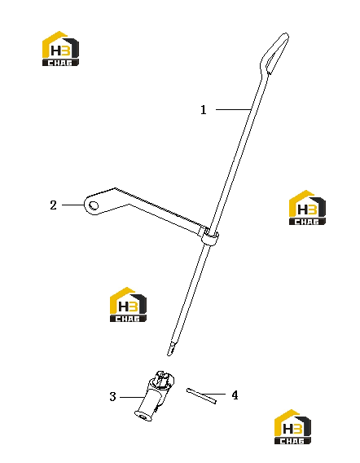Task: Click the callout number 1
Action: [x=204, y=110]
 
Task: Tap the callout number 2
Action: [x=53, y=205]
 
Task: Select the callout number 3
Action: [x=112, y=396]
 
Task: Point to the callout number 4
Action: [x=235, y=395]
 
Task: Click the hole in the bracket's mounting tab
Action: [x=94, y=205]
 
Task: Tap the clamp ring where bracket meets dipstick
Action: [x=210, y=236]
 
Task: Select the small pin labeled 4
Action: [x=201, y=396]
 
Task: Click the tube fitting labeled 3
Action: [x=155, y=395]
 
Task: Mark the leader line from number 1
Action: [x=233, y=109]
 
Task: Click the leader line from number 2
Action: [x=72, y=205]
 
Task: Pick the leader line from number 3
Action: [x=132, y=397]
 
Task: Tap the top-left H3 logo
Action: [x=60, y=48]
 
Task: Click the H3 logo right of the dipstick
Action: [x=307, y=208]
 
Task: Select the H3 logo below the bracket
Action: [x=128, y=304]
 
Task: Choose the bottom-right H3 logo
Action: [x=292, y=426]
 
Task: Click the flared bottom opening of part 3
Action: [x=143, y=416]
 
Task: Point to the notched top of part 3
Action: [x=163, y=377]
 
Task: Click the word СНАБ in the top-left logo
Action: [x=60, y=63]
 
